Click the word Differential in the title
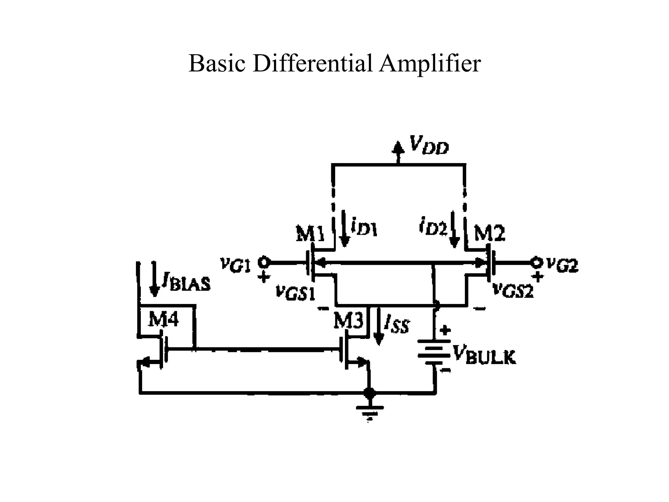[x=312, y=63]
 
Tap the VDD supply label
[x=429, y=145]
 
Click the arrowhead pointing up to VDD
[x=398, y=148]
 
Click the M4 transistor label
[x=163, y=319]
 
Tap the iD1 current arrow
[x=345, y=228]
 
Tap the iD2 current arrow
[x=454, y=229]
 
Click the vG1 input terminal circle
[x=264, y=262]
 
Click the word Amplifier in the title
[x=430, y=63]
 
